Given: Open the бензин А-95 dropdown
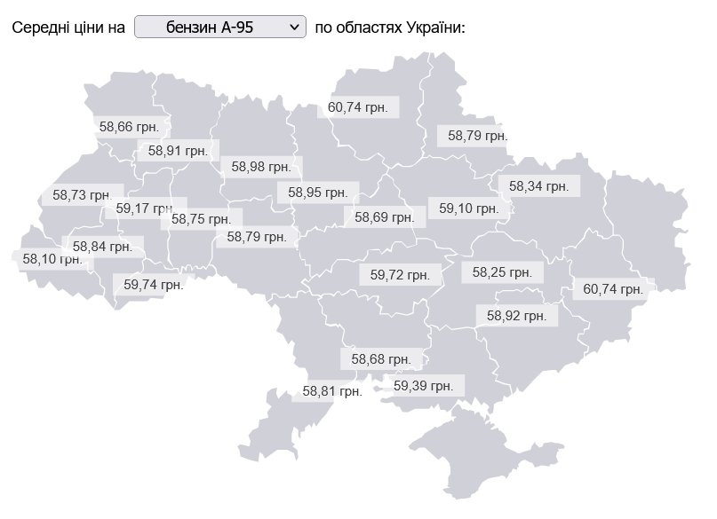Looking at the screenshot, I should point(219,28).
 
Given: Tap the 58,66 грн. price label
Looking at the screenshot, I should point(129,127).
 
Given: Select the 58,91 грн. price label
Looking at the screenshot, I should point(178,151).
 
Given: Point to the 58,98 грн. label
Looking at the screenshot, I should point(261,166).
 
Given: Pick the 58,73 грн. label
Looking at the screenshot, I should point(82,194).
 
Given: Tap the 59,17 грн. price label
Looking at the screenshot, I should point(146,208).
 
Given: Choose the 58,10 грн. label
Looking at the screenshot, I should point(52,259).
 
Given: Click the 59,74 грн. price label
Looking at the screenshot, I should point(154,285).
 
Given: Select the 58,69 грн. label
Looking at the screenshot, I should point(385,216).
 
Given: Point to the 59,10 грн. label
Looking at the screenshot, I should point(469,208).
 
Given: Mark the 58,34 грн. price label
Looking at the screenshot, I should point(538,186).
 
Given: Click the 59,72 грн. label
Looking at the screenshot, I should point(400,275).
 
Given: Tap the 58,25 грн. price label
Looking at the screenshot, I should point(502,272).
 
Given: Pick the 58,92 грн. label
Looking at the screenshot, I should point(516,315).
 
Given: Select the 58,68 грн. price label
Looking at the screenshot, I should point(381,359).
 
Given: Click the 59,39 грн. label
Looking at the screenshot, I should point(423,386).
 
